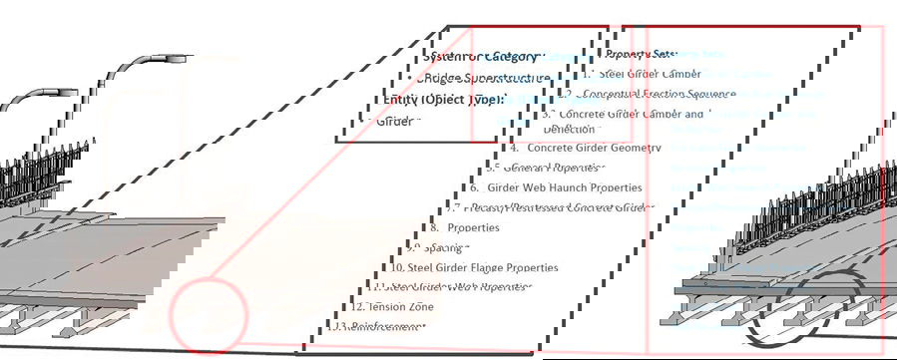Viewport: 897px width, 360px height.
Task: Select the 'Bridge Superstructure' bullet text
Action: (x=483, y=78)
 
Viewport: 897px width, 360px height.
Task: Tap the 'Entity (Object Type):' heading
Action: (x=445, y=100)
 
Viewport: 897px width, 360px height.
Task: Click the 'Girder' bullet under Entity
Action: (x=400, y=121)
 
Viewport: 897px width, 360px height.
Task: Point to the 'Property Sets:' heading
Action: (x=641, y=54)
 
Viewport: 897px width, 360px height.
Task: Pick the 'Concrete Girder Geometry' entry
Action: (x=594, y=148)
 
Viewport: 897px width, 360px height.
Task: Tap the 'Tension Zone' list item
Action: (x=400, y=307)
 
